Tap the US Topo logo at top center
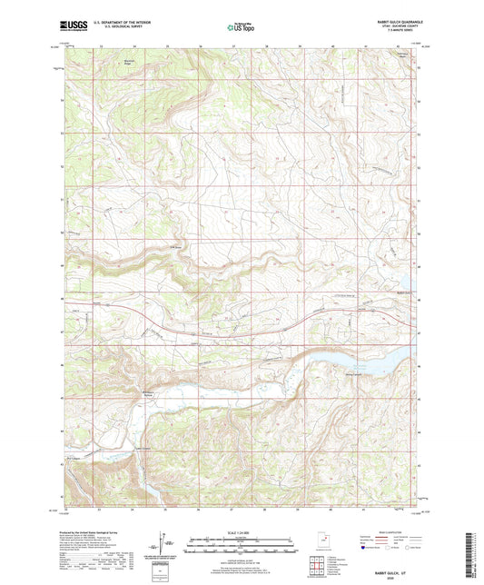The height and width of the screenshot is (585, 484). (x=241, y=28)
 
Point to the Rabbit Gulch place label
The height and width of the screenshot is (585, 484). (x=404, y=292)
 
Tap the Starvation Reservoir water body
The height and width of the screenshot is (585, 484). (x=363, y=364)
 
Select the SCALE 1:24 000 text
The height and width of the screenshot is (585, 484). (x=242, y=533)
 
